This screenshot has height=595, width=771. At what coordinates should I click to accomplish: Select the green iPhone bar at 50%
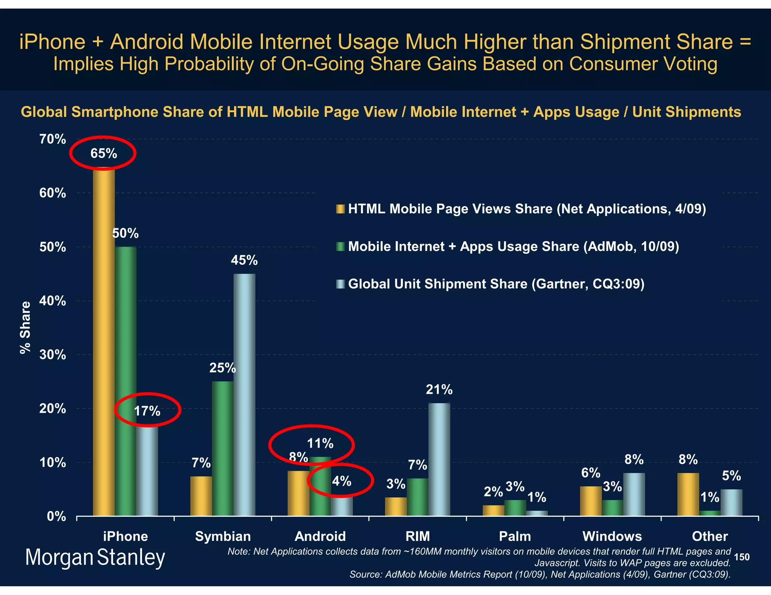(125, 380)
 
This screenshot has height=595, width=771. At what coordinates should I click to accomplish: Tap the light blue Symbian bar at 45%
(244, 395)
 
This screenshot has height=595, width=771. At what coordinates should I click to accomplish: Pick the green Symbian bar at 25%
(222, 448)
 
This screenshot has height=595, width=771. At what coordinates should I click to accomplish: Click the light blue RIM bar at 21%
(439, 459)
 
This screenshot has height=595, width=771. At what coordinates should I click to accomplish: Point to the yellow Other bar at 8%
(688, 494)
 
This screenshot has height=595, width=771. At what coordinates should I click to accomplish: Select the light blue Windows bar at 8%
(634, 494)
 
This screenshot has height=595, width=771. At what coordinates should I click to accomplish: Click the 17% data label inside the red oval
(147, 411)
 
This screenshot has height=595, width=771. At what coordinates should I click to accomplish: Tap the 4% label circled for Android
(341, 481)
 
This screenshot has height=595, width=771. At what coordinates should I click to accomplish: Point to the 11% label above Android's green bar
(320, 444)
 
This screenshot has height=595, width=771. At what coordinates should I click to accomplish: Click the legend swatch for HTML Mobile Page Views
(340, 209)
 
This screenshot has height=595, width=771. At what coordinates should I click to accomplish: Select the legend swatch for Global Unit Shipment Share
(340, 284)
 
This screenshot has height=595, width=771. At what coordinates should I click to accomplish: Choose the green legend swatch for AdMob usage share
(340, 247)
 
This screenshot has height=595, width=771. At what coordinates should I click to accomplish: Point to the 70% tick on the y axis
(53, 140)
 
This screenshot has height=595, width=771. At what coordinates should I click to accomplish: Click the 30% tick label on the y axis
(53, 355)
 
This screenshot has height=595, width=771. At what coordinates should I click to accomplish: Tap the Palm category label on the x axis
(515, 536)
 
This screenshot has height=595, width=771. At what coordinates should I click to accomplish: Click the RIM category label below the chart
(417, 536)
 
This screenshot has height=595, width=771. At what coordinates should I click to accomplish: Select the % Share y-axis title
(25, 328)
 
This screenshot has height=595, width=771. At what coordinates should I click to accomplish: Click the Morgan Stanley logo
(95, 557)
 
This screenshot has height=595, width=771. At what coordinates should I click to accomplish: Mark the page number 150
(742, 557)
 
